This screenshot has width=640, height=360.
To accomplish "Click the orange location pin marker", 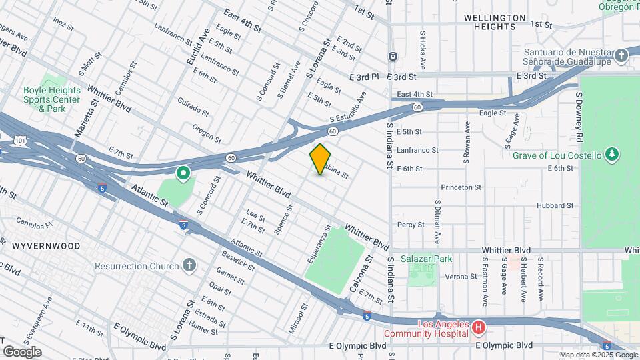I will [x=321, y=159].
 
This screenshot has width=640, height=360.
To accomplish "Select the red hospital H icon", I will [x=477, y=327].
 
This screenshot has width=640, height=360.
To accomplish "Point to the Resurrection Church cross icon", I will [x=189, y=266].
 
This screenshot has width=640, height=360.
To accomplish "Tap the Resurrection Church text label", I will [x=136, y=266].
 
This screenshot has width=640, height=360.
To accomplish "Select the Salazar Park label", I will [x=427, y=259].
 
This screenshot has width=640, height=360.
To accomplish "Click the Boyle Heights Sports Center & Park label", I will [x=52, y=99].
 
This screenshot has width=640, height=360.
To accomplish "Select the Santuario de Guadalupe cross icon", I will [x=621, y=56].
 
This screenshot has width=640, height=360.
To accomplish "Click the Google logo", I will [x=22, y=351].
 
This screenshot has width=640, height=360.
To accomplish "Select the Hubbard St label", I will [x=555, y=205].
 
